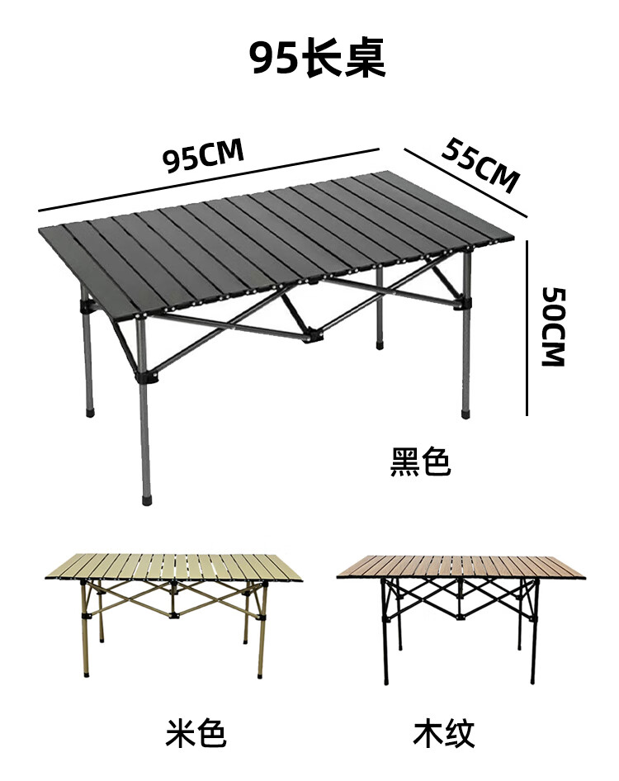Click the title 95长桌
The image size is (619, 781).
click(318, 59)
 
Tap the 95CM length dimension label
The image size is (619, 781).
click(203, 156)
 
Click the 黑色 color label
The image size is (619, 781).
click(420, 463)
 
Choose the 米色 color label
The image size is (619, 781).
click(196, 731)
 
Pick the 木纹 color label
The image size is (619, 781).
click(443, 731)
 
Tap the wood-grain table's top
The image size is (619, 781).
click(462, 566)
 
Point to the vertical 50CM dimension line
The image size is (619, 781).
click(527, 326)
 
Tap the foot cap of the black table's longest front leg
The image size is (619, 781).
click(148, 499)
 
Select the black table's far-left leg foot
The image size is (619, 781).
click(89, 409)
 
